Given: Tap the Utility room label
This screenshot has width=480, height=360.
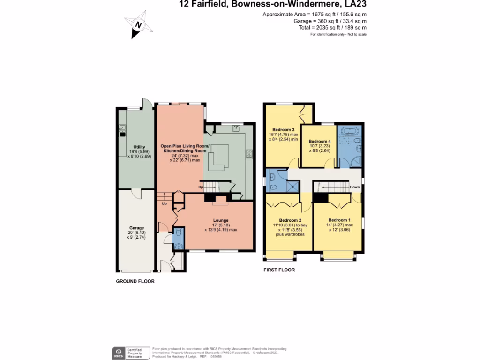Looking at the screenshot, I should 139,147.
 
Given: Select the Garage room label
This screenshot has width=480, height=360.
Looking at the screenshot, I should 136,228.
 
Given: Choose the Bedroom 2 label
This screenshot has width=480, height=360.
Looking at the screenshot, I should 290,220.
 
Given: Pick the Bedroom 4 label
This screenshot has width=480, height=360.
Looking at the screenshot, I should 319,141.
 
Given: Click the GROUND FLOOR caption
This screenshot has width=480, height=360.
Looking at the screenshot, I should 135,282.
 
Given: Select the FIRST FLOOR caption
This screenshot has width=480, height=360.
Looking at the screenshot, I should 279,270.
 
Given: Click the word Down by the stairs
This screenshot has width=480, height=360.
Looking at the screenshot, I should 355,187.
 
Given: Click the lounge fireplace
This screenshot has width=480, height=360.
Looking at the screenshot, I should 219,200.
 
